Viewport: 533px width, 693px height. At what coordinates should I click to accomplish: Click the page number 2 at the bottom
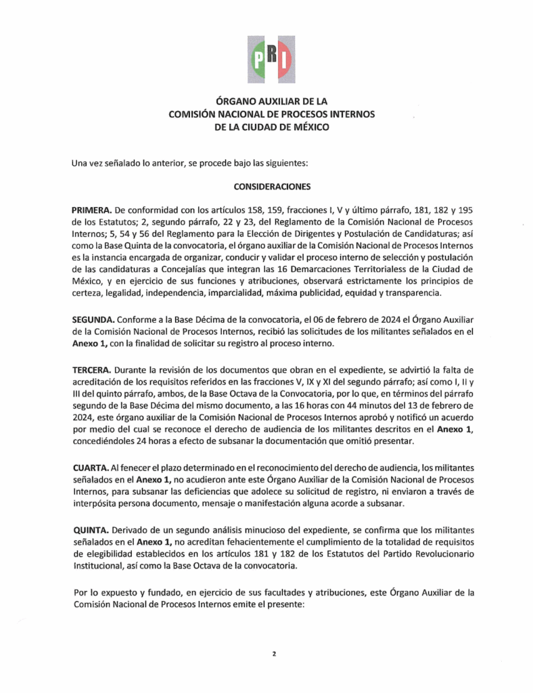[274, 654]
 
